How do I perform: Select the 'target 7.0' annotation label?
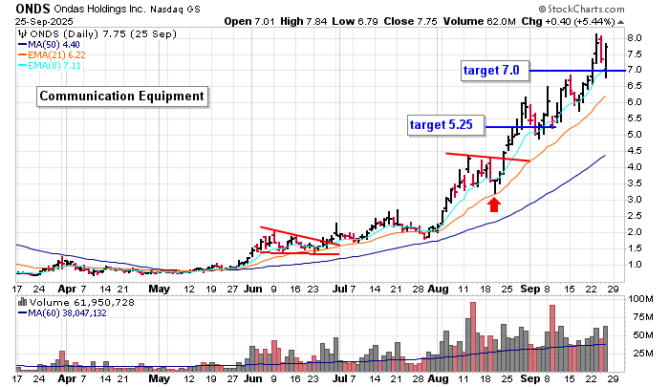click(x=490, y=71)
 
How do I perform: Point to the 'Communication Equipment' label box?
click(x=121, y=96)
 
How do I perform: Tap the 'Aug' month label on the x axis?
click(x=437, y=288)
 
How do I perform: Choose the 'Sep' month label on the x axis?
click(x=529, y=288)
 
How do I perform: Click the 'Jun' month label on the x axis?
click(x=252, y=288)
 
